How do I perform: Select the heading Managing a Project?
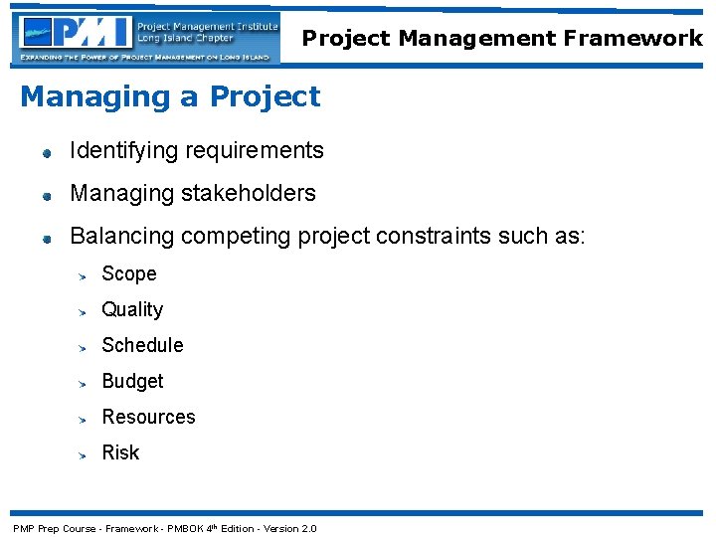pyautogui.click(x=170, y=96)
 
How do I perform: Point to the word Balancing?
pyautogui.click(x=119, y=237)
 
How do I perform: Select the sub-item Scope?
pyautogui.click(x=129, y=273)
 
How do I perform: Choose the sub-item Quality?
pyautogui.click(x=132, y=309)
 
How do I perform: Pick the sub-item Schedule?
pyautogui.click(x=142, y=345)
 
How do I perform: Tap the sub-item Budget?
pyautogui.click(x=132, y=381)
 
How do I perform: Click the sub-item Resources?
pyautogui.click(x=148, y=417)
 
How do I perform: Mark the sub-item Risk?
pyautogui.click(x=120, y=452)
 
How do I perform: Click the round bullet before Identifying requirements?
pyautogui.click(x=46, y=153)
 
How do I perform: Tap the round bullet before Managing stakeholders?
pyautogui.click(x=46, y=196)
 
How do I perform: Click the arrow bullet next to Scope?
pyautogui.click(x=86, y=275)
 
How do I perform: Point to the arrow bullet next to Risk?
pyautogui.click(x=86, y=454)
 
